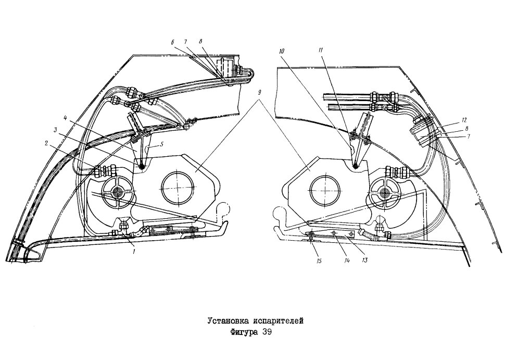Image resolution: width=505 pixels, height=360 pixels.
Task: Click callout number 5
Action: pyautogui.click(x=162, y=144)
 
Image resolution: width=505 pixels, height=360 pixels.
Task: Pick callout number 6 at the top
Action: pyautogui.click(x=173, y=42)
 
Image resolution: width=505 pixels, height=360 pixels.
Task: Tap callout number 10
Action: pyautogui.click(x=281, y=52)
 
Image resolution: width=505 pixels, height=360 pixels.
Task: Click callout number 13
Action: pyautogui.click(x=364, y=260)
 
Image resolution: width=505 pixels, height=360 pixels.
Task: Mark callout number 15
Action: pyautogui.click(x=319, y=260)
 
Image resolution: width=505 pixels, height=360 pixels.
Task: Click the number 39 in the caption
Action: pyautogui.click(x=267, y=332)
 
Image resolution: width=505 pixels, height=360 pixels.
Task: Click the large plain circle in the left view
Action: pyautogui.click(x=178, y=187)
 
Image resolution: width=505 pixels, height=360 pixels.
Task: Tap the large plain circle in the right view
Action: pyautogui.click(x=325, y=190)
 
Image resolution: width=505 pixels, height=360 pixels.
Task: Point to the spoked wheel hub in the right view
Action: pyautogui.click(x=384, y=193)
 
